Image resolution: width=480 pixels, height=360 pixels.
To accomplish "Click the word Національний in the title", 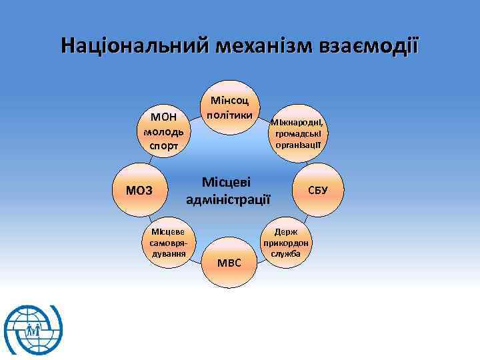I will (133, 47).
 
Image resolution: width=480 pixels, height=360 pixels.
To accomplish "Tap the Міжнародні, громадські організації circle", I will (297, 133).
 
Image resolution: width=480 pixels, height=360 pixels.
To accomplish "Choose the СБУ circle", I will (317, 190).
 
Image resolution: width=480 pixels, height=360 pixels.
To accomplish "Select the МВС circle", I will (229, 262).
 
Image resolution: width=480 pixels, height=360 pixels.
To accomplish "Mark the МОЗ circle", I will (139, 191).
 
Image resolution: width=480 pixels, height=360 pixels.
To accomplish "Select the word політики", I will (229, 115).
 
